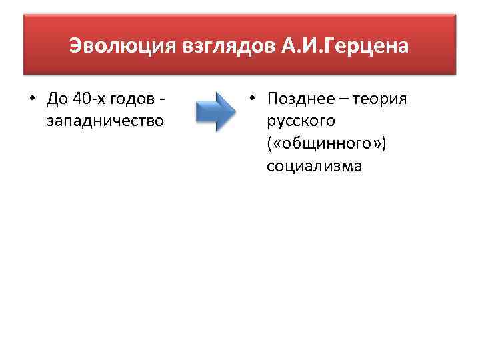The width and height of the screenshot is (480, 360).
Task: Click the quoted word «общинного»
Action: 327,143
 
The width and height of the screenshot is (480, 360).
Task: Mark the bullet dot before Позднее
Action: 251,99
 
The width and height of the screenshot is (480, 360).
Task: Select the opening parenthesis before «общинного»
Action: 269,143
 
